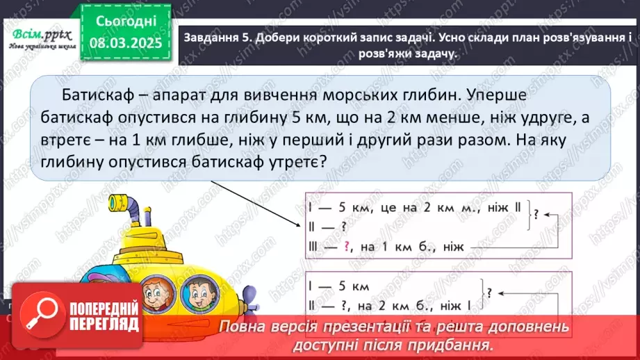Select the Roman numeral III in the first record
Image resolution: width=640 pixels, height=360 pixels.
313,246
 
